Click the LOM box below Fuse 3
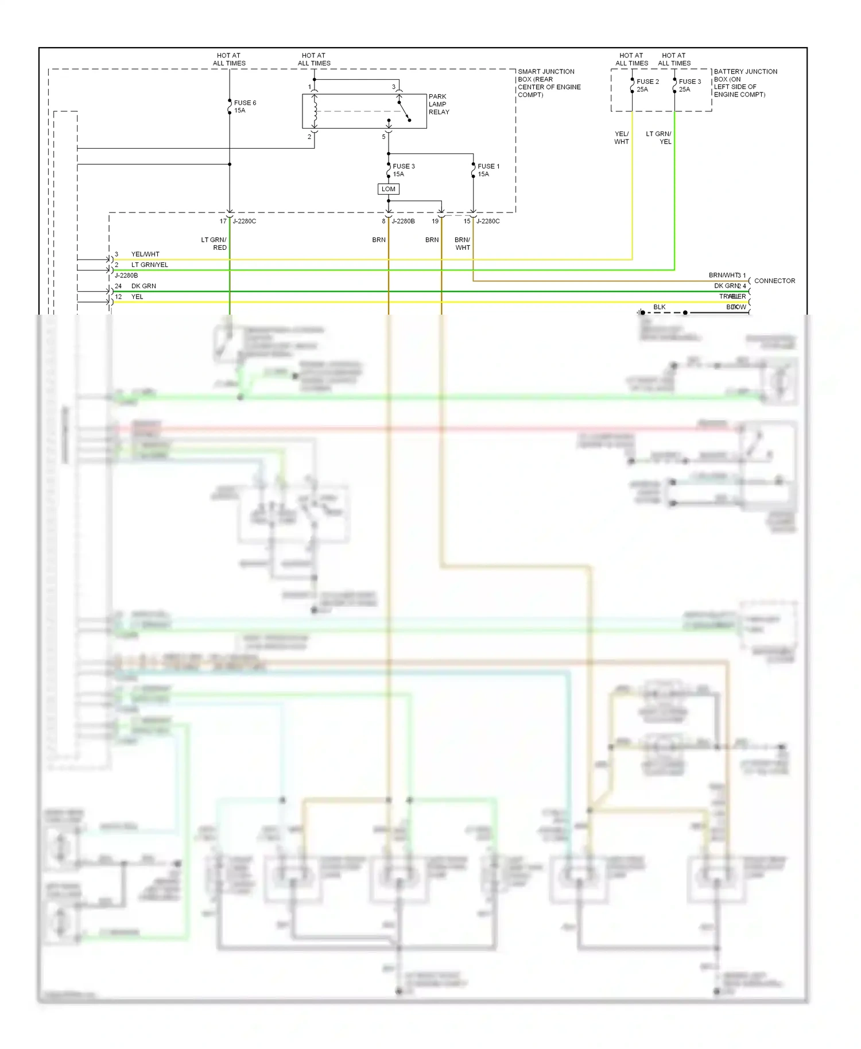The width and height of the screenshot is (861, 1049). pos(389,189)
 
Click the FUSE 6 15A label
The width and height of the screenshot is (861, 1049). pos(245,106)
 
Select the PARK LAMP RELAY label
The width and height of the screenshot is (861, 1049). pos(439,104)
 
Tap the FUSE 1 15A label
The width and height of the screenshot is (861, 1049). pos(488,170)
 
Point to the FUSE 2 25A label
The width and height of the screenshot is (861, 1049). pos(647,85)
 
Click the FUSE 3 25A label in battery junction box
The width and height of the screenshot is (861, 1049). pos(689,85)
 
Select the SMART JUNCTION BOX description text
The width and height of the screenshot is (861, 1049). pos(549,83)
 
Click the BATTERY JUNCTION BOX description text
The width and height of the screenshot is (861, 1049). pos(745,83)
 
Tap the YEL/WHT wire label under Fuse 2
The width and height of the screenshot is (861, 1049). pos(622,137)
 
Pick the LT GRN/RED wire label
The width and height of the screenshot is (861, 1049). pos(214,243)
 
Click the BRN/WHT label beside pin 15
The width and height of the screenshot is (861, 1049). pos(463,243)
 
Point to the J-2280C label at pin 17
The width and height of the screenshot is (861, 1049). pos(244,221)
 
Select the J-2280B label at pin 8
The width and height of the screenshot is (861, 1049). pos(403,221)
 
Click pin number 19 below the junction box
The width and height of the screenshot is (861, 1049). pos(435,221)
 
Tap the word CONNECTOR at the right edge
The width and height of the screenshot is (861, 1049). pos(774,281)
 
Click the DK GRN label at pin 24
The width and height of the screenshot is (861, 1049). pos(143,286)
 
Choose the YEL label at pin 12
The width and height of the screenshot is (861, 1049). pos(137,297)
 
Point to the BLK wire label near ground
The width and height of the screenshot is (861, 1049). pos(660,307)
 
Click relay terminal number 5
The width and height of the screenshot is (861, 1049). pos(383,137)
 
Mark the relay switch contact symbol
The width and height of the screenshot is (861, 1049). pos(404,111)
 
